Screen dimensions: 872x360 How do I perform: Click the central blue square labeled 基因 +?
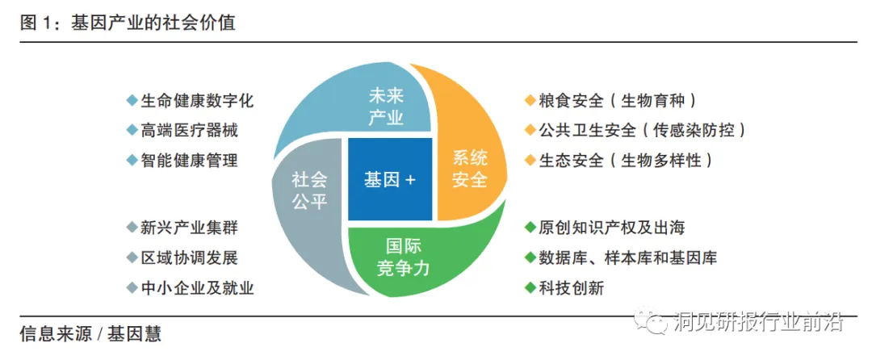[x=390, y=180]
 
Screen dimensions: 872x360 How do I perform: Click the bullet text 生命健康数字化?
[x=197, y=101]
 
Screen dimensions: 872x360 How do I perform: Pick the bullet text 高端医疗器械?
[x=189, y=130]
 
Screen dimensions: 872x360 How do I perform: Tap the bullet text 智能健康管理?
[x=189, y=160]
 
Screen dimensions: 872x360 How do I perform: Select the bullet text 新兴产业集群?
[x=189, y=228]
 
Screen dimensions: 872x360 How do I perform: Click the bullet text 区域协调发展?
[x=189, y=258]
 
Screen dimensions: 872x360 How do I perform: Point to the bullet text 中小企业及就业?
[x=197, y=287]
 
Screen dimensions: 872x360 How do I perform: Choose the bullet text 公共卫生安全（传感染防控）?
[x=641, y=130]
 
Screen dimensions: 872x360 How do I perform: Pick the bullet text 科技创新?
[x=571, y=287]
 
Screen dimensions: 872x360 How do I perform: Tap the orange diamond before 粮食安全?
[x=530, y=101]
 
